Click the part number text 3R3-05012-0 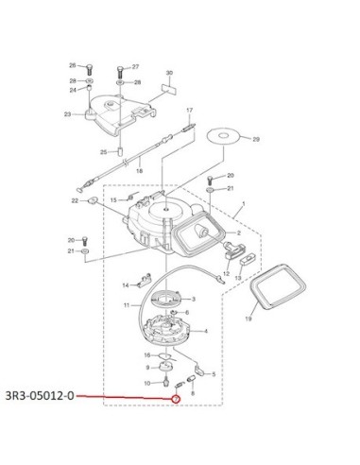tap(40, 395)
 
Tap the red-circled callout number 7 tap(176, 399)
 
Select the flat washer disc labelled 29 tap(223, 136)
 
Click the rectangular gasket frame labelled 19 tap(278, 286)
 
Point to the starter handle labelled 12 tap(233, 250)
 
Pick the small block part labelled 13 tap(249, 259)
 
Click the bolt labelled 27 tap(120, 73)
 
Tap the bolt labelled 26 tap(90, 69)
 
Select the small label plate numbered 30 tap(169, 87)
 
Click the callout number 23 tap(67, 114)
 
